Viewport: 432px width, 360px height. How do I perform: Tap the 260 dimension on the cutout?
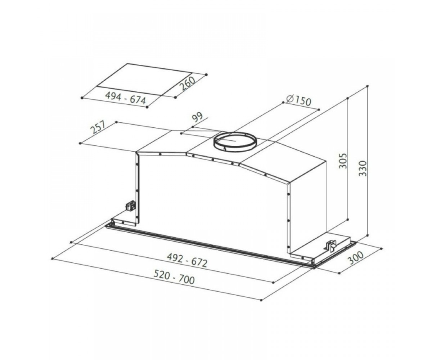(188, 84)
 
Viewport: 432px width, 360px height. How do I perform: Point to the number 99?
(198, 118)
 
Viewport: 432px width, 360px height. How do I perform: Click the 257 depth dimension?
(98, 127)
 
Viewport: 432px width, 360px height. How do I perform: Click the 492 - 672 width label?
(187, 261)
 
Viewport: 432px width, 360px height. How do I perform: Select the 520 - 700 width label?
(174, 278)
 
